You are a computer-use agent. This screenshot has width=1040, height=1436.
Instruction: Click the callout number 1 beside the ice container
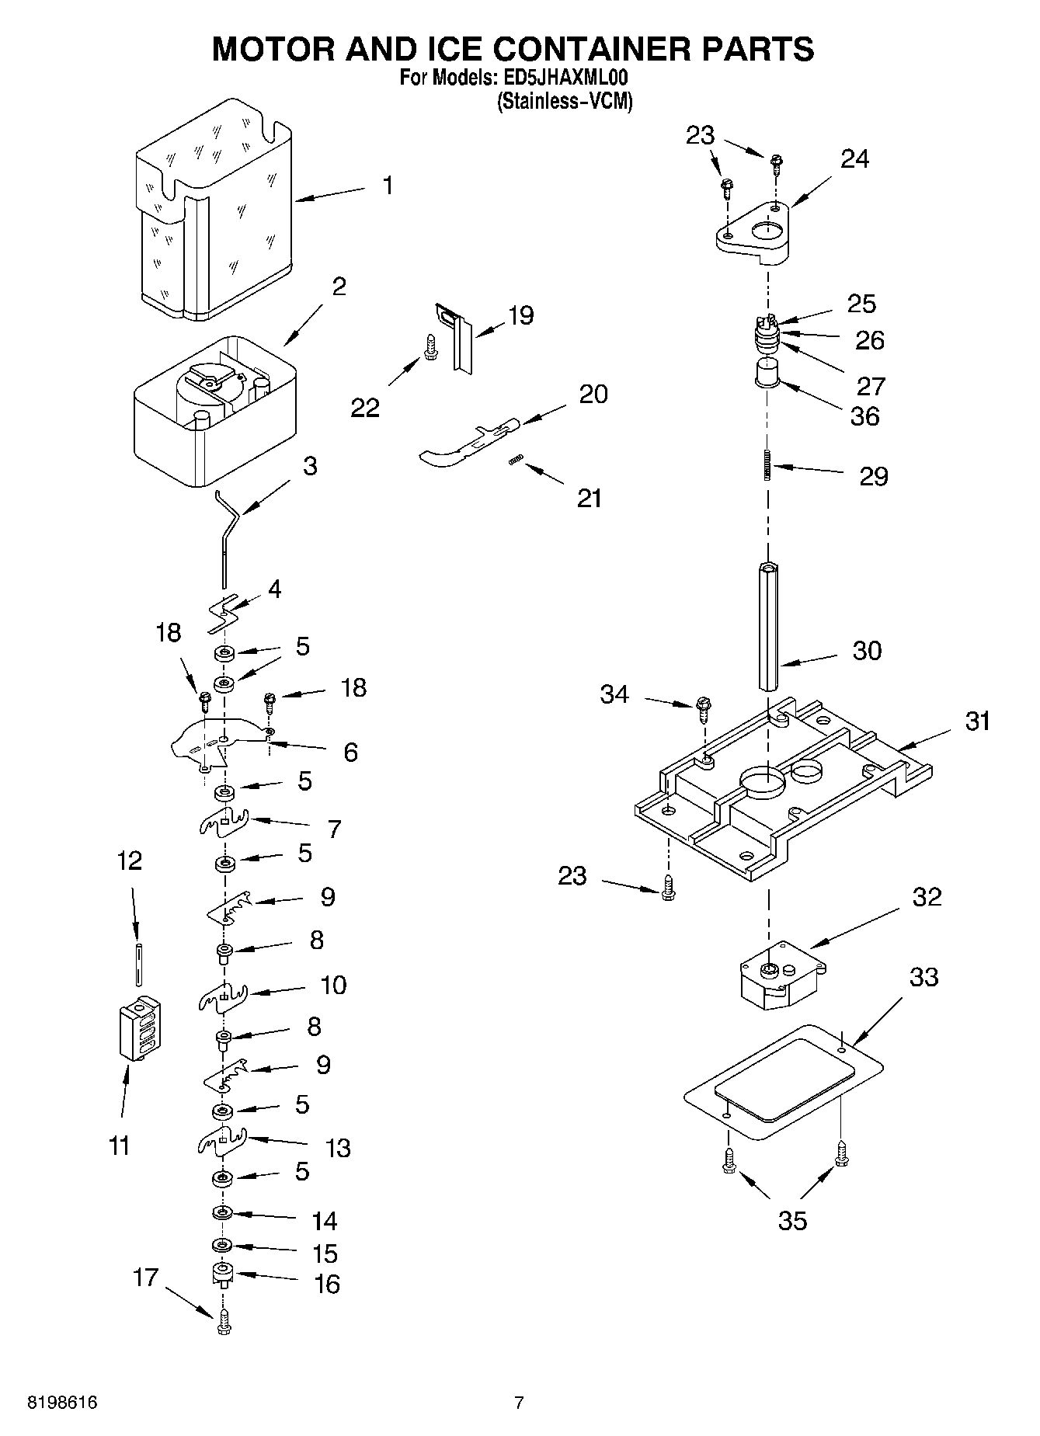pos(387,186)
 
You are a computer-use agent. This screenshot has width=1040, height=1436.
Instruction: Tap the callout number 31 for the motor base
pos(977,721)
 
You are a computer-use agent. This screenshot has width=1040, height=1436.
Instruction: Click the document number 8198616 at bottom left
pos(62,1403)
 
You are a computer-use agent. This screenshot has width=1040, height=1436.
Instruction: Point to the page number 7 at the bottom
pos(519,1403)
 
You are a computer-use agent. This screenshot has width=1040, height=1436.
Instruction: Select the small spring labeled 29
pos(767,465)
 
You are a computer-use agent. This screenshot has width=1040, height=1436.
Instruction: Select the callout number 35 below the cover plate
pos(792,1220)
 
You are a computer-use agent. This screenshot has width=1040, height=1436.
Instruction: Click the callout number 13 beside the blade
pos(338,1148)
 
